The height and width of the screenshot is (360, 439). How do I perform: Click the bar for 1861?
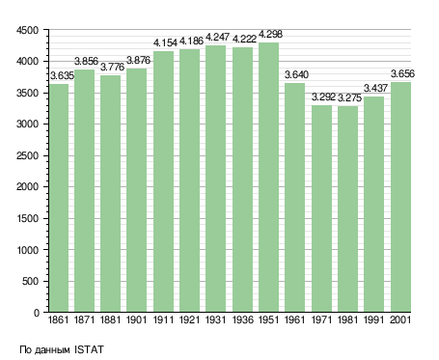pyautogui.click(x=59, y=198)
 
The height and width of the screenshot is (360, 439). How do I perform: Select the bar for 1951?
pyautogui.click(x=268, y=178)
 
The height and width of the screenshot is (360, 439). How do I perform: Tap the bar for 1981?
pyautogui.click(x=347, y=209)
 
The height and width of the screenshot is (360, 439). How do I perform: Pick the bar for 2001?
pyautogui.click(x=400, y=197)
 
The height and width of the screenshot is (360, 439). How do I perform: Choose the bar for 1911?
pyautogui.click(x=163, y=181)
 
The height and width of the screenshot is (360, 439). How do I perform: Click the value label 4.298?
pyautogui.click(x=270, y=34)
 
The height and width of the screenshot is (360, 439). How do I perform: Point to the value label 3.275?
pyautogui.click(x=349, y=97)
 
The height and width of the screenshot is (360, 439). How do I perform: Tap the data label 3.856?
pyautogui.click(x=86, y=61)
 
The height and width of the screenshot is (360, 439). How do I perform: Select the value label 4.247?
pyautogui.click(x=217, y=37)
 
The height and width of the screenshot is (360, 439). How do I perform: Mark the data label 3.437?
pyautogui.click(x=375, y=88)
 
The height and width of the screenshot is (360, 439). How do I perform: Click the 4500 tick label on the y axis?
pyautogui.click(x=27, y=30)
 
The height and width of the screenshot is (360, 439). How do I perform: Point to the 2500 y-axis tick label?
pyautogui.click(x=27, y=155)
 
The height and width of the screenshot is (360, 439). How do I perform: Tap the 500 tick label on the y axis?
pyautogui.click(x=30, y=282)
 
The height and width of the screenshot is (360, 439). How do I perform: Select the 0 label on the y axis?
pyautogui.click(x=37, y=313)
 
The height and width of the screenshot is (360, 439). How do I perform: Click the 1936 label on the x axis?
pyautogui.click(x=242, y=319)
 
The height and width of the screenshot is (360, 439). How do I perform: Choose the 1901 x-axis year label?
pyautogui.click(x=136, y=319)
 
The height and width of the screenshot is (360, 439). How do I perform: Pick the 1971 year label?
pyautogui.click(x=321, y=319)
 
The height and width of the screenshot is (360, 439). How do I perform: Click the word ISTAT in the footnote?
pyautogui.click(x=89, y=349)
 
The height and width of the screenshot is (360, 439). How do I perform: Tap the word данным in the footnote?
pyautogui.click(x=52, y=350)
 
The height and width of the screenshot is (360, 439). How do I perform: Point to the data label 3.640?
pyautogui.click(x=296, y=74)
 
